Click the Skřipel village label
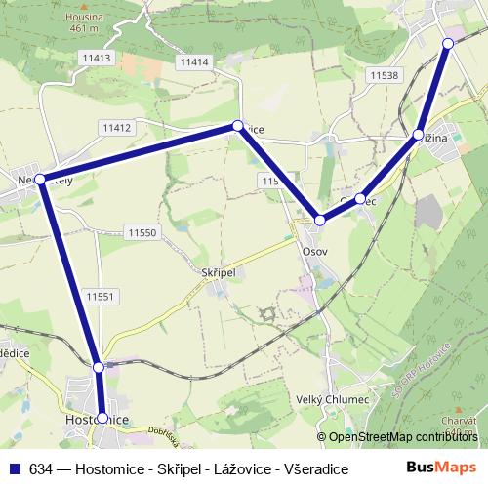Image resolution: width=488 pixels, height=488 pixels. (x=219, y=275)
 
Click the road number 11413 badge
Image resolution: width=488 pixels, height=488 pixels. (x=97, y=59)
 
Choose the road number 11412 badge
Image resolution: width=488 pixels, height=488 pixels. (x=115, y=127)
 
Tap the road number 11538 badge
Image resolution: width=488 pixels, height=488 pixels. (x=384, y=75)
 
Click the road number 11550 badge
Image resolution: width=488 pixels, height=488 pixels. (x=142, y=232)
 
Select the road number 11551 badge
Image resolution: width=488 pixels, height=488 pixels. (x=101, y=296)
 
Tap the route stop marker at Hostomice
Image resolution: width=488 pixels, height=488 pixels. (x=102, y=418)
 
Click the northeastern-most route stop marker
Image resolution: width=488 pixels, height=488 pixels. (x=448, y=43)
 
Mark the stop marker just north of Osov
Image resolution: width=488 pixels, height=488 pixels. (x=320, y=221)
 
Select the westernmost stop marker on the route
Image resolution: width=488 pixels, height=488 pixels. (x=39, y=179)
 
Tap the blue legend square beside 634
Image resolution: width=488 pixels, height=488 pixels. (x=14, y=468)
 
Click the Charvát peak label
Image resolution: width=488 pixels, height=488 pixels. (x=458, y=420)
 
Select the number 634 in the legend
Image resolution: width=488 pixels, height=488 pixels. (x=40, y=468)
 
